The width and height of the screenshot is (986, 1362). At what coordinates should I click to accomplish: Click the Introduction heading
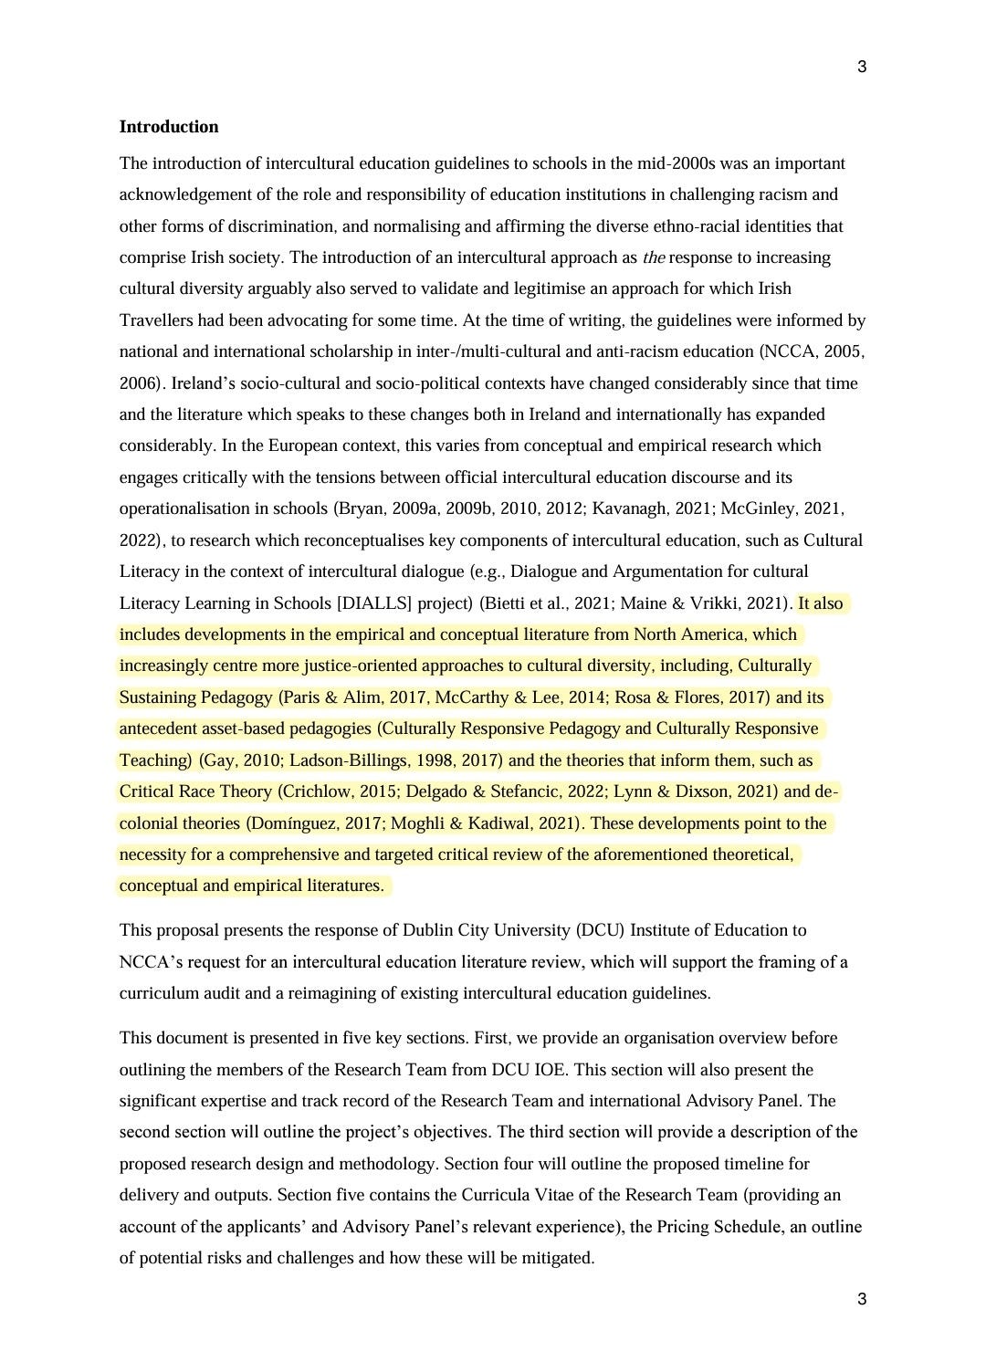[169, 127]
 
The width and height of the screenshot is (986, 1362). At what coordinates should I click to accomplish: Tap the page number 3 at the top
[862, 67]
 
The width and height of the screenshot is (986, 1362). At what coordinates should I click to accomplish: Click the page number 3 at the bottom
[862, 1299]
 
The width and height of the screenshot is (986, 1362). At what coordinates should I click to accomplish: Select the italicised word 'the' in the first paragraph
[654, 257]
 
